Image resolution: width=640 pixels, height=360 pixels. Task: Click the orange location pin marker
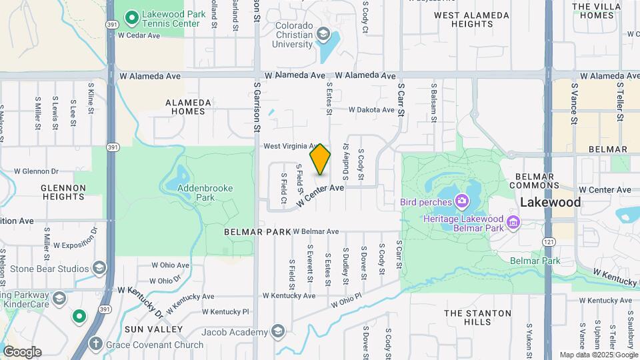pos(321,159)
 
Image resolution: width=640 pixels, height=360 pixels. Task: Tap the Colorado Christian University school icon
pos(323,34)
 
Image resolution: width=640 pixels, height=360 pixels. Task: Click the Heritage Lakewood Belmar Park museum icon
pos(513,221)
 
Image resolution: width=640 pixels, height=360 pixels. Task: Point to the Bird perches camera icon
pos(461,201)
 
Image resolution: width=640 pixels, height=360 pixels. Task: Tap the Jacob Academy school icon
pos(278,331)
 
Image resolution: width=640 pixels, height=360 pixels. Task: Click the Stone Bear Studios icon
pos(99,268)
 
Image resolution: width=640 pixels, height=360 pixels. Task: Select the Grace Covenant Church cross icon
pos(95,344)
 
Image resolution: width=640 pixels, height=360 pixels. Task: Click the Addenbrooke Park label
pos(205,193)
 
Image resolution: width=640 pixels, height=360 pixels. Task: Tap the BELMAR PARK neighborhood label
pos(257,231)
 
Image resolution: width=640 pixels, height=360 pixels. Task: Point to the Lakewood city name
pos(550,201)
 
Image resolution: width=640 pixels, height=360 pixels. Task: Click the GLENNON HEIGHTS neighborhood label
pos(63,192)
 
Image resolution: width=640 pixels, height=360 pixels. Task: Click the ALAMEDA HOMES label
pos(189,107)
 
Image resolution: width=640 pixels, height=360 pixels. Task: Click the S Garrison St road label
pos(257,100)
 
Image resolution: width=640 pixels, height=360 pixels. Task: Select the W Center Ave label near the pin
pos(321,195)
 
